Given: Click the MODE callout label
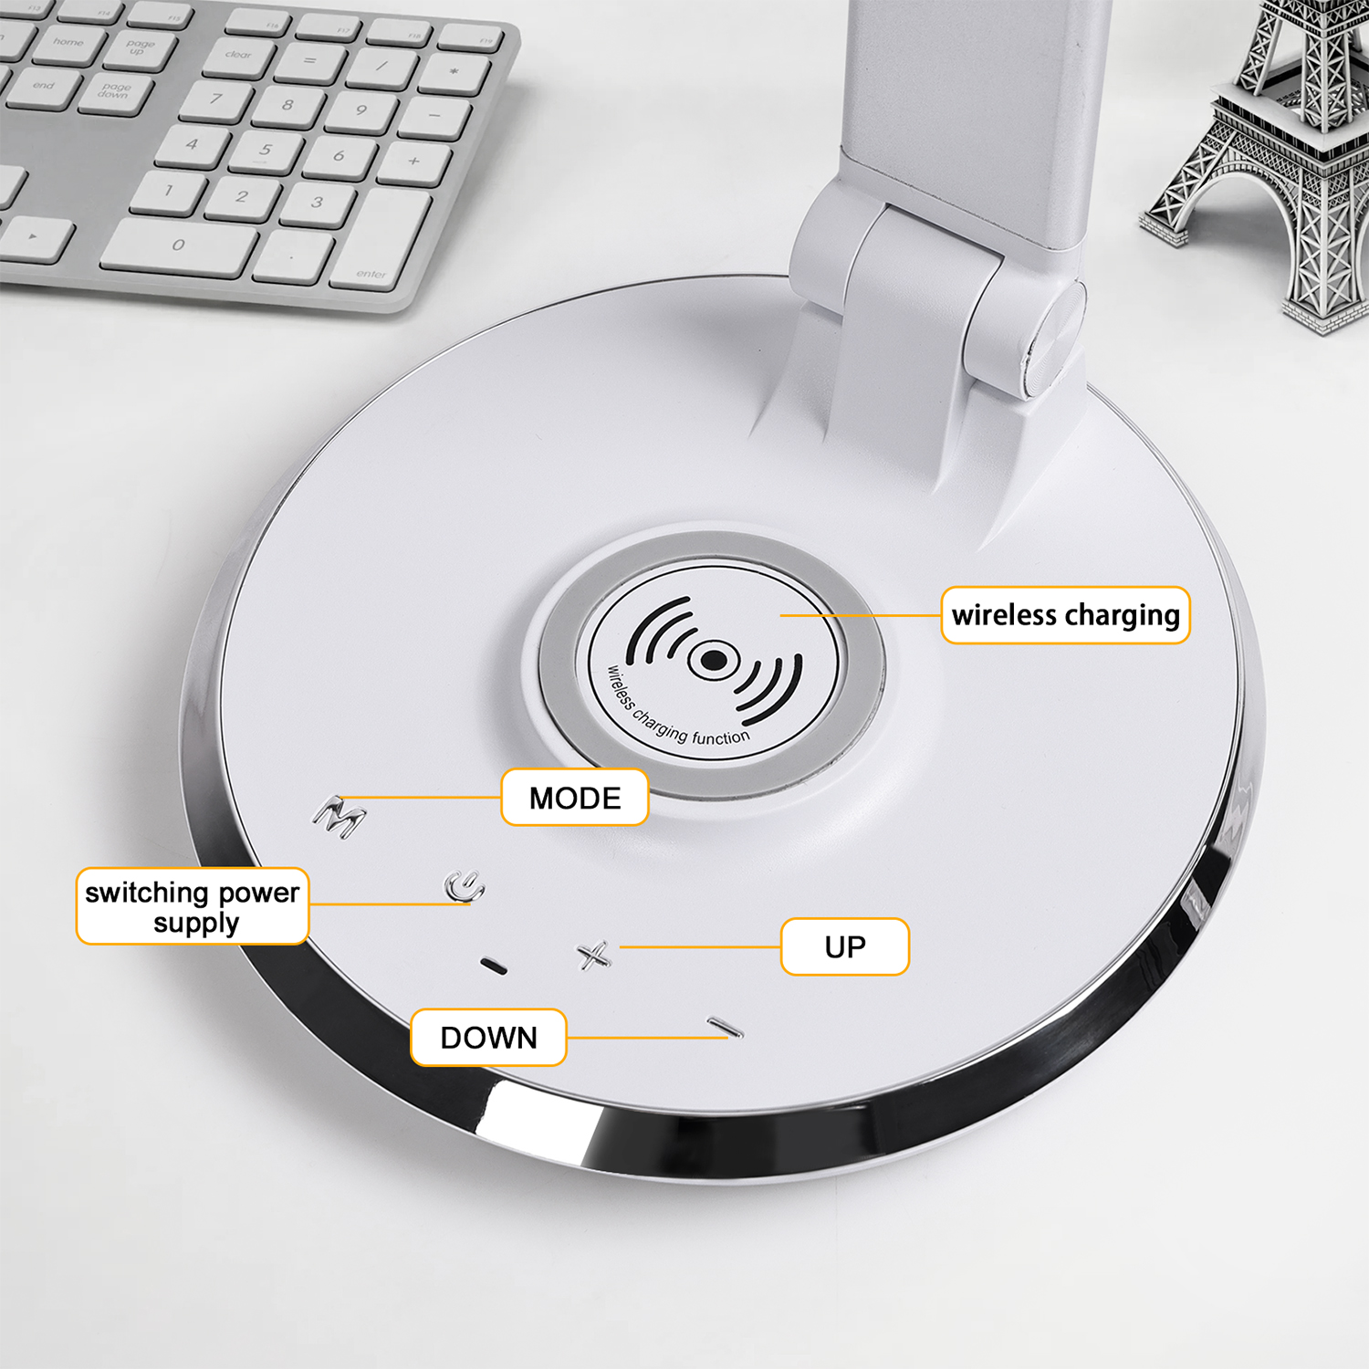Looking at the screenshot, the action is click(x=575, y=798).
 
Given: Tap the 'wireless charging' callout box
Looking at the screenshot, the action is click(x=1065, y=615).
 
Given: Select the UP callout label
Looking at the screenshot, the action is click(x=845, y=947).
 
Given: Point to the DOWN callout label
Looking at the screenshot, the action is click(x=488, y=1038).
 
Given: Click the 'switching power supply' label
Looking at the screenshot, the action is click(x=193, y=906).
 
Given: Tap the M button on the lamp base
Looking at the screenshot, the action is click(x=340, y=816).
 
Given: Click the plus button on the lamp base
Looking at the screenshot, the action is click(x=594, y=956).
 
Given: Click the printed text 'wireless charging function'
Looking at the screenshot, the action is click(x=674, y=710).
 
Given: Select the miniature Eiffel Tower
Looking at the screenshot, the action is click(x=1264, y=164).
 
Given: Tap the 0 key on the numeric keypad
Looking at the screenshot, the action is click(x=180, y=245).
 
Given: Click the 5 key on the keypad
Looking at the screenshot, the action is click(x=266, y=150).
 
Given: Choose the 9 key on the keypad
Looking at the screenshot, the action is click(x=362, y=110).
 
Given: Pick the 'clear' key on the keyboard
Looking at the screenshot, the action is click(x=239, y=55).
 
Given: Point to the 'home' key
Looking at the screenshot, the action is click(x=68, y=44).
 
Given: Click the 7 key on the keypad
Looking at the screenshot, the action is click(x=216, y=99).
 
